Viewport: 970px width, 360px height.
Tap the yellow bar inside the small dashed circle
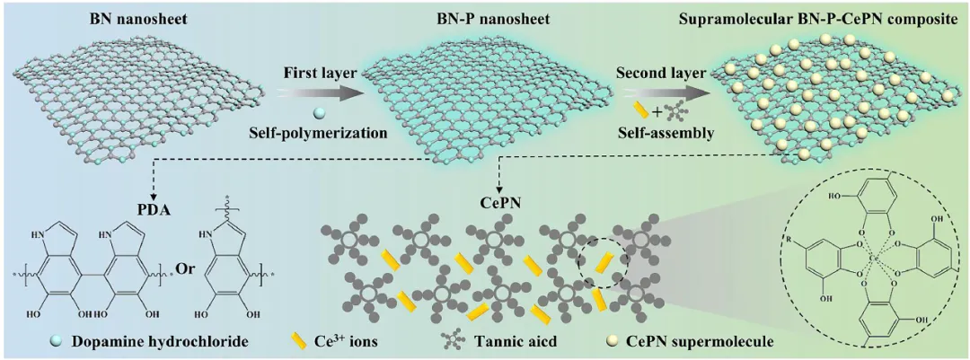click(x=603, y=264)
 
